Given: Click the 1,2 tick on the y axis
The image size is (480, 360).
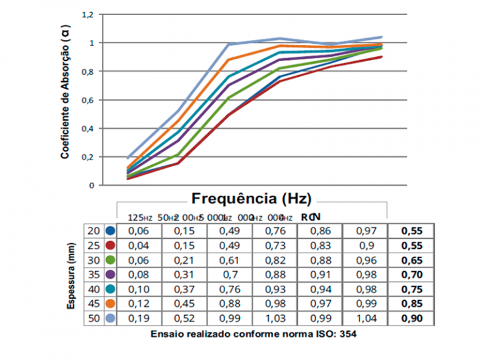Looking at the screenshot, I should pyautogui.click(x=88, y=14).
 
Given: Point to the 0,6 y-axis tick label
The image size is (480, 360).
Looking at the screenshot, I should pyautogui.click(x=88, y=100).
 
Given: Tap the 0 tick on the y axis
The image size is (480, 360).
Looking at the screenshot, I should pyautogui.click(x=92, y=186).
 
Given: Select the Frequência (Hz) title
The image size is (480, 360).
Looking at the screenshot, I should pyautogui.click(x=251, y=198).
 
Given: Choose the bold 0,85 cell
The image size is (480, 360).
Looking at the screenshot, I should pyautogui.click(x=411, y=304).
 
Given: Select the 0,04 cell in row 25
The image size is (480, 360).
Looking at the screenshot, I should pyautogui.click(x=138, y=244).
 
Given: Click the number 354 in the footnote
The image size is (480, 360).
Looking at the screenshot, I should pyautogui.click(x=347, y=334).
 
